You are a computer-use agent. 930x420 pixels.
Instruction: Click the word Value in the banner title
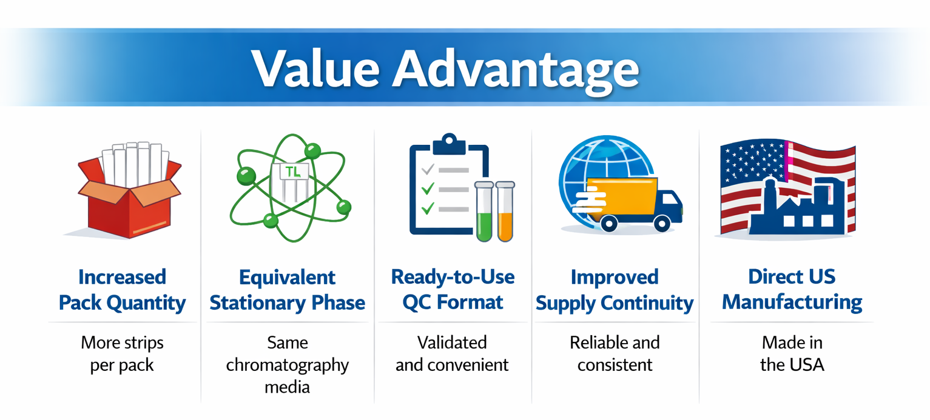point(315,68)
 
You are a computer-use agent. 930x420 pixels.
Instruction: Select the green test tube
point(484,212)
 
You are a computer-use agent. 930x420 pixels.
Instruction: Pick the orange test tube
point(505,212)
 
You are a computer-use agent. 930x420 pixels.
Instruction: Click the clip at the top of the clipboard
point(449,144)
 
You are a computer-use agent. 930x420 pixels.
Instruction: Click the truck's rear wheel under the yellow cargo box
point(608,224)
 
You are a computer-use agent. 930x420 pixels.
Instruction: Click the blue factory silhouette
point(797,207)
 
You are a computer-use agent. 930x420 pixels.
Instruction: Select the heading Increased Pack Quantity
point(122,290)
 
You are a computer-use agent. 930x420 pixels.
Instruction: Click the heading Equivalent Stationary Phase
point(288,290)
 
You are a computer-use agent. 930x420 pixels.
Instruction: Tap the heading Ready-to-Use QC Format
point(453,290)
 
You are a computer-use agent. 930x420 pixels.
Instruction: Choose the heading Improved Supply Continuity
point(615,290)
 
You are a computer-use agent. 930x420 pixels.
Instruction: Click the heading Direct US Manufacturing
point(792,290)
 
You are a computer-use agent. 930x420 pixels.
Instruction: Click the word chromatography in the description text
point(288,365)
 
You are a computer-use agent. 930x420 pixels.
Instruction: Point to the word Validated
point(452,342)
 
